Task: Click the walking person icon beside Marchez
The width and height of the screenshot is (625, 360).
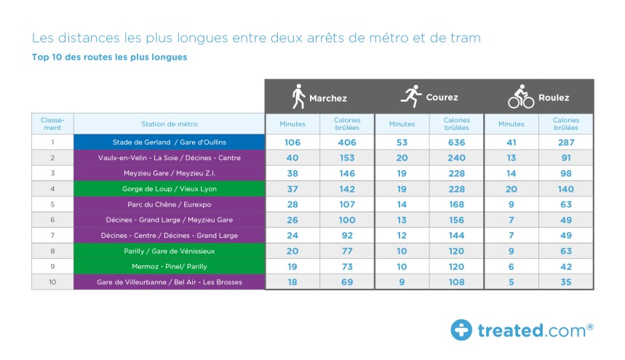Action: [298, 97]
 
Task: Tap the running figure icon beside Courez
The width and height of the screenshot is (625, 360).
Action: [411, 97]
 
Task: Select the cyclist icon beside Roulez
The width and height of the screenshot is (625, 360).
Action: [521, 97]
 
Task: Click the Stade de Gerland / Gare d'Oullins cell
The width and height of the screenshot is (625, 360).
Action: [169, 142]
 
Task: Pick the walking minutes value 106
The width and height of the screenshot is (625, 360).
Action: [292, 142]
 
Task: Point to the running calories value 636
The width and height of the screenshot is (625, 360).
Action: [457, 142]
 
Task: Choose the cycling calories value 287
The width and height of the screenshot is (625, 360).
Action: [565, 142]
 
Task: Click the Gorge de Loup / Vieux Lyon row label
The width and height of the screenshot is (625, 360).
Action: [169, 188]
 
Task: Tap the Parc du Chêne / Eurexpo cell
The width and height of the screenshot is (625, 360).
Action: [169, 204]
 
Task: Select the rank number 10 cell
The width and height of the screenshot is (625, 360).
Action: [52, 282]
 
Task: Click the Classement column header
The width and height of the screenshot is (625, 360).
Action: [52, 124]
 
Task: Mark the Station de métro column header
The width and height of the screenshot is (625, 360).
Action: [169, 124]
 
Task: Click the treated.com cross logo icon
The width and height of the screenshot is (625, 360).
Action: [461, 330]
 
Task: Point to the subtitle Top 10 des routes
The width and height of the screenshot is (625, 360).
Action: [109, 57]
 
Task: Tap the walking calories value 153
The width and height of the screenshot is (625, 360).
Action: [347, 158]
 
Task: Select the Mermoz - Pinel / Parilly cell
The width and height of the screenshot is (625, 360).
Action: [169, 266]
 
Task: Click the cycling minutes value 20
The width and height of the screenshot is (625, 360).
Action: [511, 188]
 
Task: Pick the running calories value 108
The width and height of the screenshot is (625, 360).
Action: [457, 282]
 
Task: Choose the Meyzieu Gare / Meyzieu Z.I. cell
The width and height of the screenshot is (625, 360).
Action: [169, 173]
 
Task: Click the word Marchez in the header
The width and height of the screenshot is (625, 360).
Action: [328, 97]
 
